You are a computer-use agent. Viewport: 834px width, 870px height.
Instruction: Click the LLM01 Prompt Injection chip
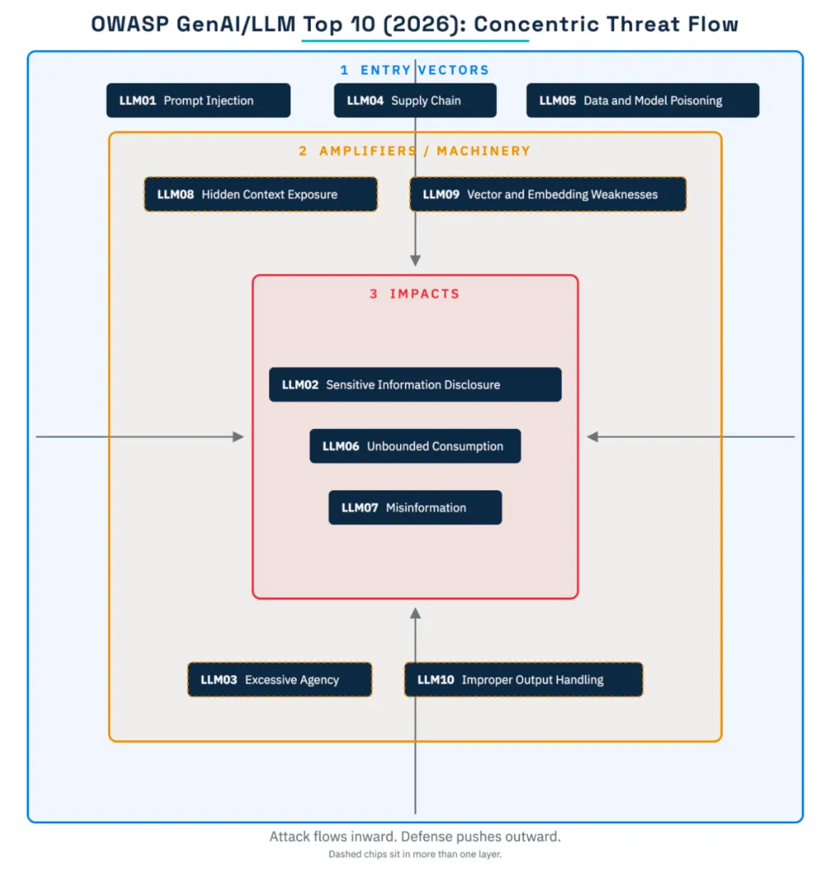tap(198, 100)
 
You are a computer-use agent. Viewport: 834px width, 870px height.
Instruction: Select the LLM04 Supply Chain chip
tap(415, 100)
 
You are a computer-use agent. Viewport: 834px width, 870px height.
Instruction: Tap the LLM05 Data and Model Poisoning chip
tap(643, 100)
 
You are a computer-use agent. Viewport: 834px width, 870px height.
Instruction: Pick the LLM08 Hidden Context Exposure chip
tap(261, 194)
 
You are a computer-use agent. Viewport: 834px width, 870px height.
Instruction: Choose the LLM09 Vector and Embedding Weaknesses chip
tap(548, 194)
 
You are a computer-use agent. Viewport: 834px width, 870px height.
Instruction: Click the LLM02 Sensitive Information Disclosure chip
tap(415, 385)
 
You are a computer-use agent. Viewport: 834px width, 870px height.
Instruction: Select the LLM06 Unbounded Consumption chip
tap(415, 446)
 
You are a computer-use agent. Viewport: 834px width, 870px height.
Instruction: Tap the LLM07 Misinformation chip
tap(415, 508)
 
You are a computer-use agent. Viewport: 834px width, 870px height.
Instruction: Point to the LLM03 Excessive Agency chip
tap(280, 680)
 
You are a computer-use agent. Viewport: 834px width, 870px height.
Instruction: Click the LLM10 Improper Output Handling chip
tap(523, 680)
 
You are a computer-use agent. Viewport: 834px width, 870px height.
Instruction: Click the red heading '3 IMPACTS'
tap(415, 294)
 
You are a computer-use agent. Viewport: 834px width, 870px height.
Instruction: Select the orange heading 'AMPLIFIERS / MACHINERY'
tap(425, 151)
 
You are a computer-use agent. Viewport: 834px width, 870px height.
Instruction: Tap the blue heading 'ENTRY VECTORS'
tap(425, 70)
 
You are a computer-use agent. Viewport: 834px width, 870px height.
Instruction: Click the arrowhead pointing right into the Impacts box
tap(239, 437)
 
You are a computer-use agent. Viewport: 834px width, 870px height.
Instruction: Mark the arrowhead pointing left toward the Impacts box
tap(593, 437)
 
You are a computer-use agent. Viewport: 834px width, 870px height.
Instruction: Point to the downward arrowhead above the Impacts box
tap(415, 260)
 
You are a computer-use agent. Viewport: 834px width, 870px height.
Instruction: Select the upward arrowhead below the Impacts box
tap(415, 613)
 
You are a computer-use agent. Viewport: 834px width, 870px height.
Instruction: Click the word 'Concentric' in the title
tap(536, 25)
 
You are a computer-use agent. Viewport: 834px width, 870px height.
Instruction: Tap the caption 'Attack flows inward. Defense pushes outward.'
tap(415, 836)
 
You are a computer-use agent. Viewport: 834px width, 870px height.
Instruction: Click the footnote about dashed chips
tap(415, 854)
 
